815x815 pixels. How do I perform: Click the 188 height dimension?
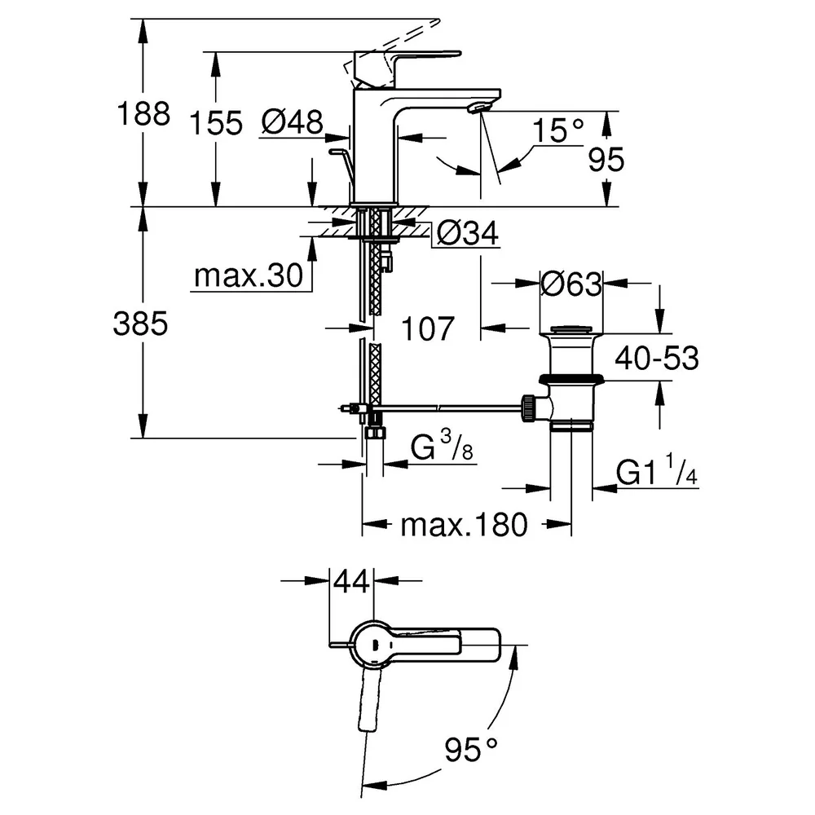click(x=143, y=113)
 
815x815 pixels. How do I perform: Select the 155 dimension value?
click(x=216, y=124)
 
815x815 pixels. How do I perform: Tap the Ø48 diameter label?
click(x=292, y=123)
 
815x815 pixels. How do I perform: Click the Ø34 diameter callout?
click(x=467, y=233)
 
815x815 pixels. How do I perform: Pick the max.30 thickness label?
click(x=249, y=275)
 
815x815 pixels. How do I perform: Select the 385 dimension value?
click(x=140, y=324)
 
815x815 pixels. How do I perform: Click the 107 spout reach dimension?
click(x=428, y=328)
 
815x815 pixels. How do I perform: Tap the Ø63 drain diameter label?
click(x=571, y=284)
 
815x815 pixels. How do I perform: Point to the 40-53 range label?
click(x=657, y=358)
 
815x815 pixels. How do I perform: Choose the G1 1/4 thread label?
click(x=657, y=471)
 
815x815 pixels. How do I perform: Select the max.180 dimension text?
click(x=465, y=525)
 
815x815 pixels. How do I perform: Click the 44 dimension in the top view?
click(x=351, y=581)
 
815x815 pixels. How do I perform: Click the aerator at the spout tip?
click(x=478, y=107)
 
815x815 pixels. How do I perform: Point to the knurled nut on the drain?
click(x=526, y=407)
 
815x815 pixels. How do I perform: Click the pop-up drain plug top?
click(x=571, y=329)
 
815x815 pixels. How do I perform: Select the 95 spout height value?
click(x=606, y=159)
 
